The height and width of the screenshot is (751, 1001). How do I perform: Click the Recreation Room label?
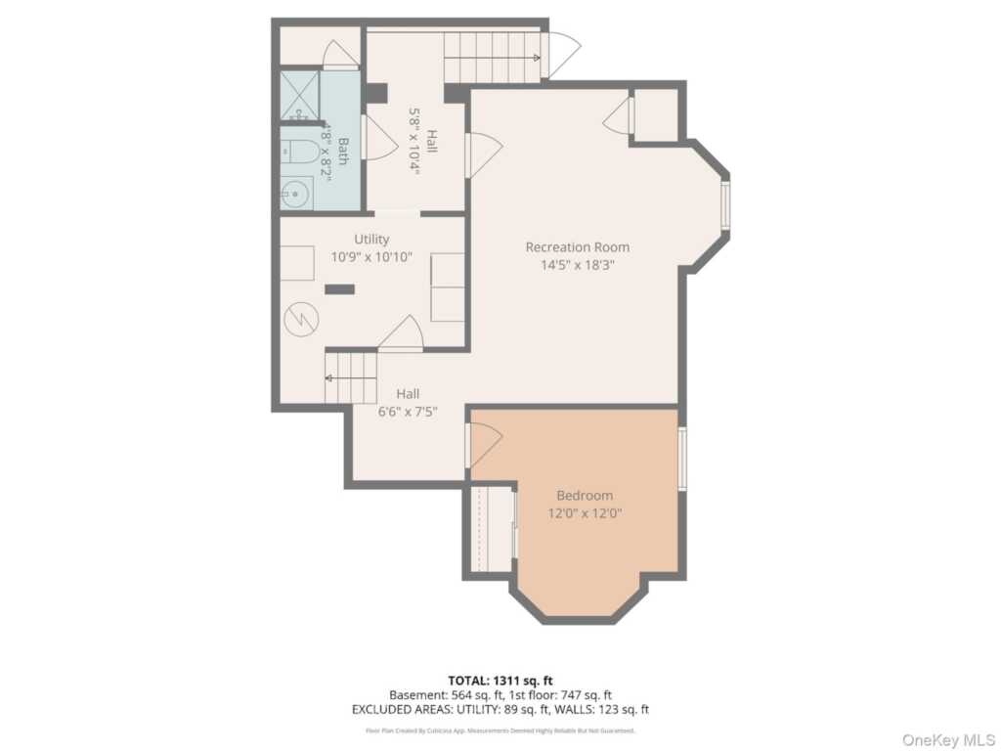tap(577, 246)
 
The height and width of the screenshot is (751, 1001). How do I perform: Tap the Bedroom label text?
tap(585, 495)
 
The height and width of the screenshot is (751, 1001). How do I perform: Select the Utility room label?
tap(371, 239)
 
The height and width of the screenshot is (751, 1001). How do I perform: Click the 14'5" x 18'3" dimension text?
tap(577, 264)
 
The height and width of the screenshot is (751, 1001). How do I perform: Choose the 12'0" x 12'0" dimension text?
tap(585, 512)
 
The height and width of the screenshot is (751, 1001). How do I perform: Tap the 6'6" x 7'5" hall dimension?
tap(408, 412)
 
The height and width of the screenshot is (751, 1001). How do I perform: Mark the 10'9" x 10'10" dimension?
tap(371, 256)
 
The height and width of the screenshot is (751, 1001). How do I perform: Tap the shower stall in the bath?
tap(300, 95)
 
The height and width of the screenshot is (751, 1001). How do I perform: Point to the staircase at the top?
tap(492, 57)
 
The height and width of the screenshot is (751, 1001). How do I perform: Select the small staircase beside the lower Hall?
tap(351, 376)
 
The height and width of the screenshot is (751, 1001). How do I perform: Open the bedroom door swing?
tap(484, 445)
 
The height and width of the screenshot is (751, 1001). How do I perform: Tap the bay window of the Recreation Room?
tap(725, 204)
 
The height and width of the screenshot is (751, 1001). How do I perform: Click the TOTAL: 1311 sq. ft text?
tap(500, 680)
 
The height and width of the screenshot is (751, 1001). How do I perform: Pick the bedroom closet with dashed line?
tap(493, 527)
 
